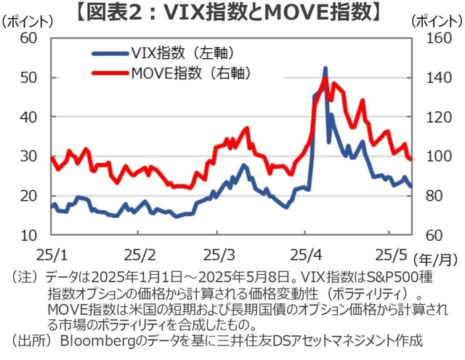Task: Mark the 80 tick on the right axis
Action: click(428, 196)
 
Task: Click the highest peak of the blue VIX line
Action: click(325, 68)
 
